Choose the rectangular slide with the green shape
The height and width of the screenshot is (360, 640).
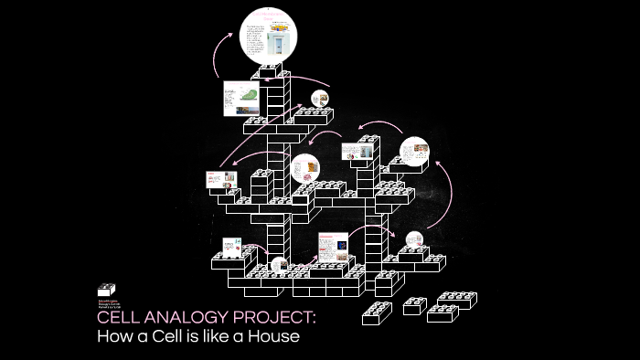click(242, 99)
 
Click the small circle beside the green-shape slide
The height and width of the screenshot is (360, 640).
click(319, 99)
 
